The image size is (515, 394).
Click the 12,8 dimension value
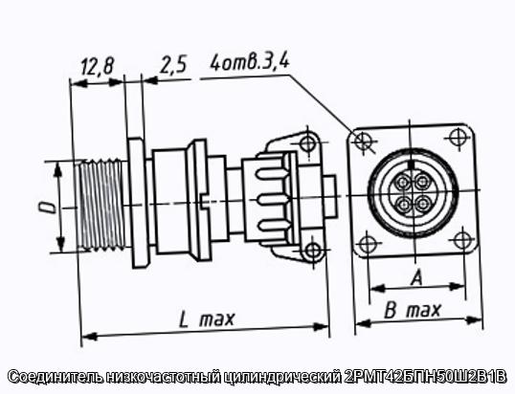[x=97, y=66]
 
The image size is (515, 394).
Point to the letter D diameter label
[x=50, y=208]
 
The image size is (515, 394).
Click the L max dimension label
[x=207, y=319]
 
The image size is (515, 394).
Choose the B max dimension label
[x=413, y=311]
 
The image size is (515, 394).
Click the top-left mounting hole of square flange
[x=363, y=140]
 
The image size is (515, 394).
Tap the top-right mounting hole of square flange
[x=457, y=137]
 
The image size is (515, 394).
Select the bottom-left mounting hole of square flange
[x=366, y=245]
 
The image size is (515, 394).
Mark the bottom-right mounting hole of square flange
[x=462, y=240]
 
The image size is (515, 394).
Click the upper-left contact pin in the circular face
[x=403, y=182]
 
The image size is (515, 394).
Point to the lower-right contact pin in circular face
[x=422, y=204]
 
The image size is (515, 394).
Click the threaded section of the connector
[x=101, y=205]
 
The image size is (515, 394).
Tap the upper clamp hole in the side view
[x=308, y=142]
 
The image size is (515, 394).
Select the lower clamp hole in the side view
[x=312, y=252]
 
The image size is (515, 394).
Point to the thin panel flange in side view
[x=138, y=203]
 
